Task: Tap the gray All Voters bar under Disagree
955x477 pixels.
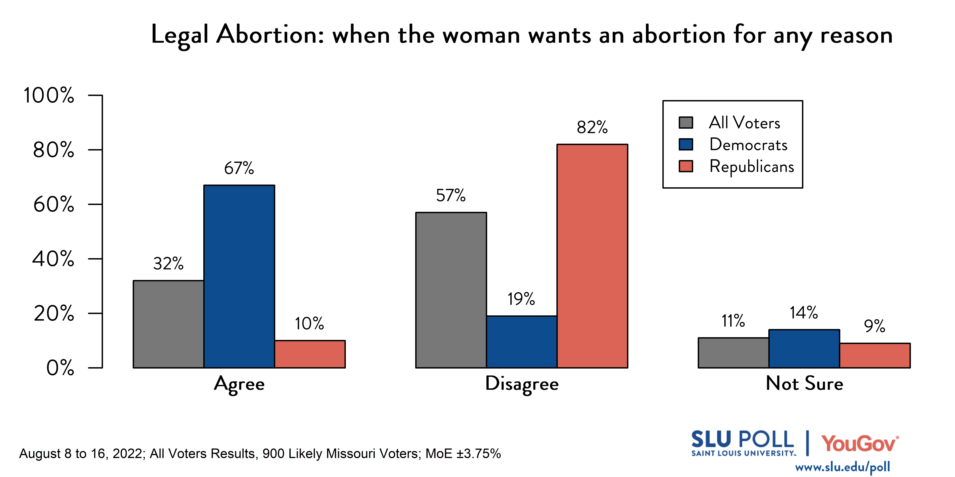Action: pos(451,290)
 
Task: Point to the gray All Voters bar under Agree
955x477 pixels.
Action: pos(168,324)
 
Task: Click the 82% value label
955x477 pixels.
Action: pos(592,127)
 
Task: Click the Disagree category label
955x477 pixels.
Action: pos(522,384)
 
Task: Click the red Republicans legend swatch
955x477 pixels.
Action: pos(685,166)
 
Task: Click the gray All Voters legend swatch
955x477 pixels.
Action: pos(685,123)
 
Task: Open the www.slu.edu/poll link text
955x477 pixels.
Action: pos(842,467)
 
